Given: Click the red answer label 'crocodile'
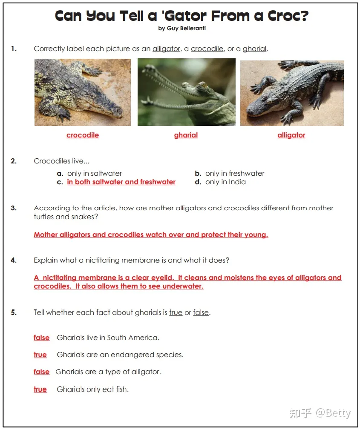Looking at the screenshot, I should [x=83, y=135].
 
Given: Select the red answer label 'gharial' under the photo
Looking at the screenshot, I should [x=186, y=135].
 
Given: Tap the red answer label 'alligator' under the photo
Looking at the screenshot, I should [x=291, y=135].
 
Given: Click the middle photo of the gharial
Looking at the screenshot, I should [x=186, y=92].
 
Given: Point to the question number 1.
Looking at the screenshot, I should [x=14, y=49].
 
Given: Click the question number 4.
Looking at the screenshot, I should [x=14, y=260].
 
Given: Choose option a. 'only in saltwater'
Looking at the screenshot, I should [x=94, y=174].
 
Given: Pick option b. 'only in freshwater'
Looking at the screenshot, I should [x=234, y=174].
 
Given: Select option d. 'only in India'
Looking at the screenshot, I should [x=225, y=182].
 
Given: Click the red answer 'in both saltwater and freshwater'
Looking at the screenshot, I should [x=121, y=182].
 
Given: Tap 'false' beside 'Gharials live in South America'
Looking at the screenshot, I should [x=41, y=338].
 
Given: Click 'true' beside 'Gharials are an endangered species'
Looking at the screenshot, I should [x=40, y=355].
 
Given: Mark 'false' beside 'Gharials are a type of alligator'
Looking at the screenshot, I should [x=41, y=372].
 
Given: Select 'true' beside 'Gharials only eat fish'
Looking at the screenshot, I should [x=40, y=389].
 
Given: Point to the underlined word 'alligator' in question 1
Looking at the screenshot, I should [x=166, y=49].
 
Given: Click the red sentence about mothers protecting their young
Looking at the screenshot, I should [x=151, y=235].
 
